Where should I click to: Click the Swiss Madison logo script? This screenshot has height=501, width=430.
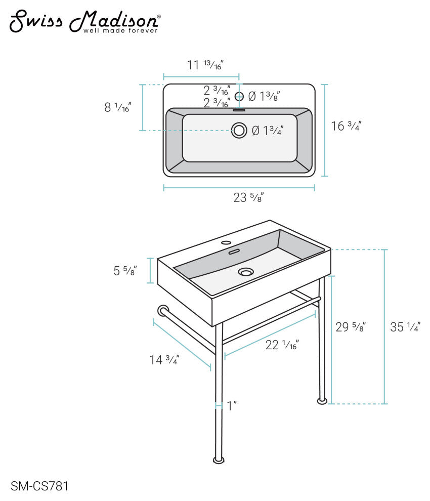coord(84,21)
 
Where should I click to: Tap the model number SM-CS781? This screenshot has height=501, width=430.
coord(39,486)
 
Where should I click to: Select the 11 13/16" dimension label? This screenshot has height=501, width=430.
coord(205,65)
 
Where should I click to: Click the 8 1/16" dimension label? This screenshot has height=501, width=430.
coord(118,107)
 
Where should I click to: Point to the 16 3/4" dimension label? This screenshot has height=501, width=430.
coord(346,126)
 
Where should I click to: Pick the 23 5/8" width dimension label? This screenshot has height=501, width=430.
coord(248,197)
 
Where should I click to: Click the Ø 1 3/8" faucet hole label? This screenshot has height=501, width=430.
coord(264,96)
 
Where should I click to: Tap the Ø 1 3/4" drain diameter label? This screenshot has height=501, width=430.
coord(268,131)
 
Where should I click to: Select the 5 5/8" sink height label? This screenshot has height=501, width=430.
coord(125,271)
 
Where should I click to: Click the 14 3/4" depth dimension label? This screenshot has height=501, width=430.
coord(164,360)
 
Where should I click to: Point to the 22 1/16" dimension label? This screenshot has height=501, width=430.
coord(282,345)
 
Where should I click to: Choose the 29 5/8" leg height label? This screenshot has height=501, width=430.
coord(351,327)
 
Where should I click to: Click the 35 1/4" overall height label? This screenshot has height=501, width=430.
coord(405,327)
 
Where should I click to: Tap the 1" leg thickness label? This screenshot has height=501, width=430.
coord(232,406)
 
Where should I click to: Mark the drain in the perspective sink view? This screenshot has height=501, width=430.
coord(246,272)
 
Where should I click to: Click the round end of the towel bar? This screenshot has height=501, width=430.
coord(163,311)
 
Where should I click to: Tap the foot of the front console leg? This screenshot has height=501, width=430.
coord(219,460)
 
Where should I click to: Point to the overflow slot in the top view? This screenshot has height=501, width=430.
coord(239,110)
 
